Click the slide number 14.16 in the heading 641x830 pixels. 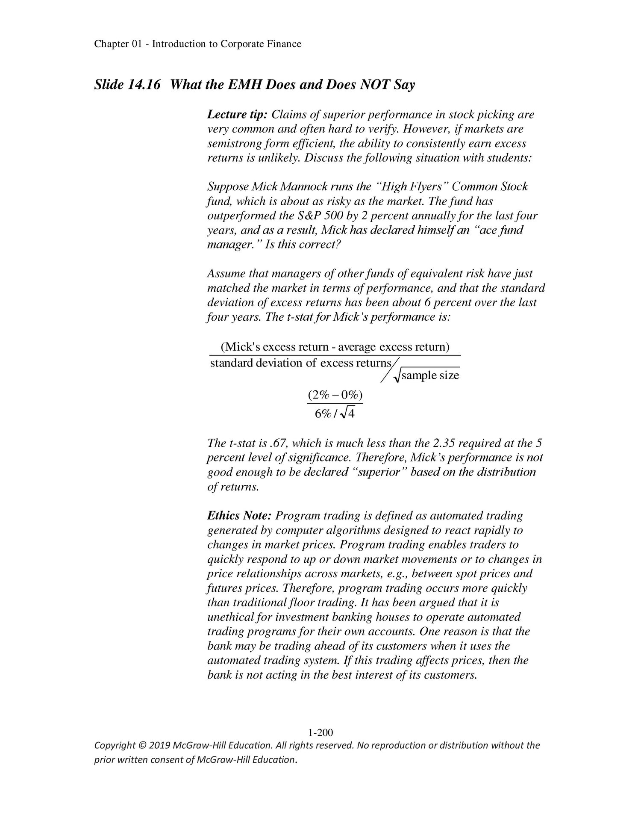pos(144,85)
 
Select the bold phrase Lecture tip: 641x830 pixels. pos(237,115)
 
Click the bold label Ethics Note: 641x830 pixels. pos(239,516)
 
